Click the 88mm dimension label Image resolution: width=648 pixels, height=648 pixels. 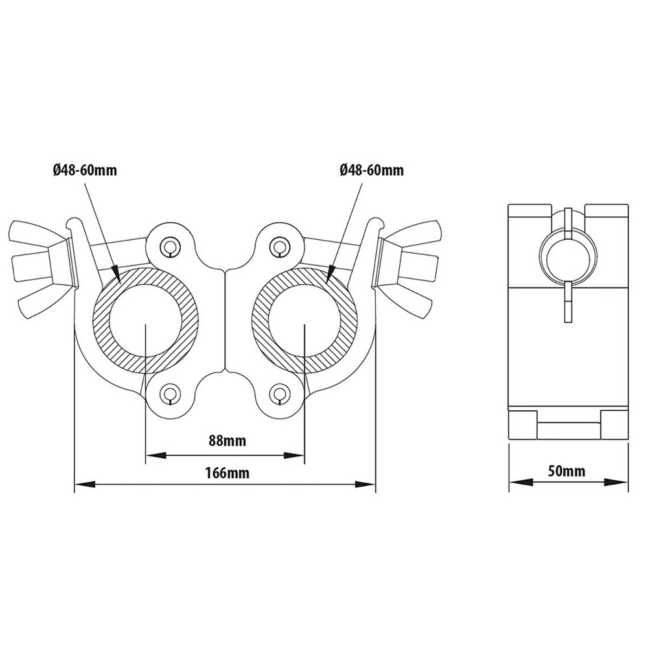point(227,441)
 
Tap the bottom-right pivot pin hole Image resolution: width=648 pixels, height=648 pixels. point(279,393)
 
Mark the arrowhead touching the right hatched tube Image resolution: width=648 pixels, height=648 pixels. point(331,276)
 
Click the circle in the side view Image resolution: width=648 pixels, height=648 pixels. point(568,255)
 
